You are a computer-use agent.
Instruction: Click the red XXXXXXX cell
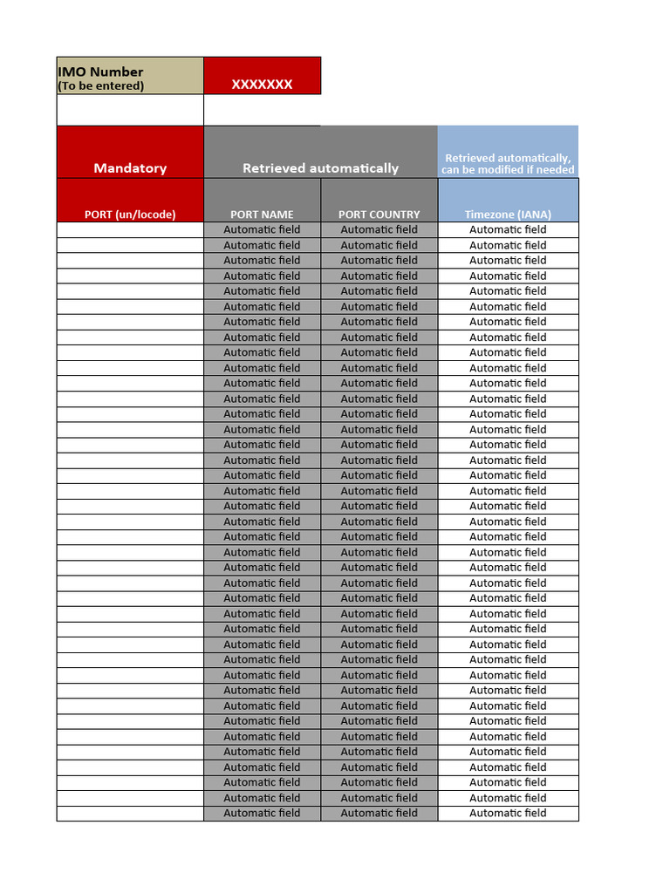(x=262, y=85)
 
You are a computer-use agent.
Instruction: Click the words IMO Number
(x=100, y=72)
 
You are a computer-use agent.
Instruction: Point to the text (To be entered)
(x=100, y=85)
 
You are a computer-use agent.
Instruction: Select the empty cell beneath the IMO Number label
(x=130, y=110)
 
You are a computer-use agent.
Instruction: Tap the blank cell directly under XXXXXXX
(x=262, y=110)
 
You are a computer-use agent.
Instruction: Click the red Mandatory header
(x=130, y=167)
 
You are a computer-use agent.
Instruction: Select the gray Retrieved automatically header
(x=320, y=167)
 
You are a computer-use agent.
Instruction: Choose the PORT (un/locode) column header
(x=130, y=214)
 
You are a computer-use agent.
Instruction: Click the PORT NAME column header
(x=262, y=214)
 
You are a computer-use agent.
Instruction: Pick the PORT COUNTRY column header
(x=379, y=214)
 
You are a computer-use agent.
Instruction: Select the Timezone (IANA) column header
(x=508, y=214)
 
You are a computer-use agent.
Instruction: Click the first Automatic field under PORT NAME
(x=262, y=229)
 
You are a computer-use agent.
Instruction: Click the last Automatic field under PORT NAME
(x=262, y=813)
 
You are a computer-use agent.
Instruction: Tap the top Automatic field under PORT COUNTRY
(x=379, y=229)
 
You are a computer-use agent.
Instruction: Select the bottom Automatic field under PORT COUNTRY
(x=379, y=813)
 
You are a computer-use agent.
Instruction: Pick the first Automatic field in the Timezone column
(x=508, y=229)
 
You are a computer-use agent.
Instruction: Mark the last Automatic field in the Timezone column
(x=508, y=813)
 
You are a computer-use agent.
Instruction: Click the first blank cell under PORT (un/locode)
(x=130, y=229)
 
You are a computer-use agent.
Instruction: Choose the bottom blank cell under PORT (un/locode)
(x=130, y=813)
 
